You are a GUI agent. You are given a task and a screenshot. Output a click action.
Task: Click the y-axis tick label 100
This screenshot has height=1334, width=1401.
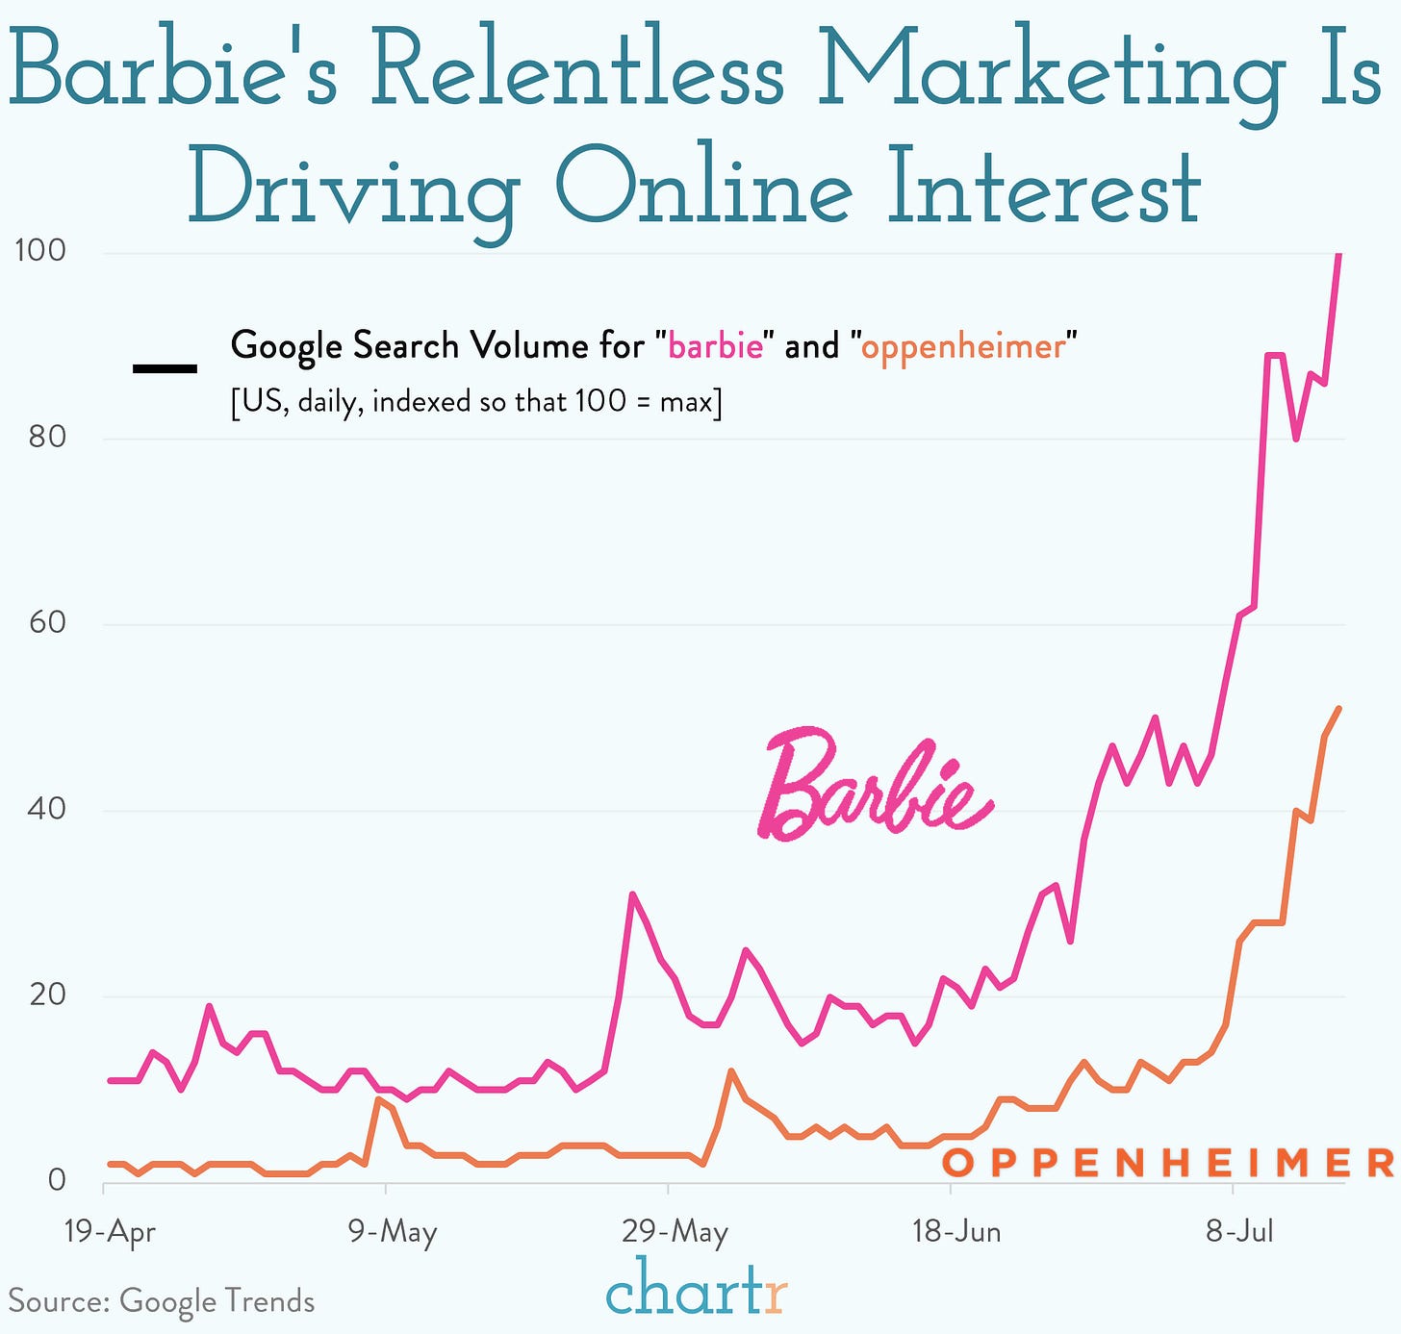39,250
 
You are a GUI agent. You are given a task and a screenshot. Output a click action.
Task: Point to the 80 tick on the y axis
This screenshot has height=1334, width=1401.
46,437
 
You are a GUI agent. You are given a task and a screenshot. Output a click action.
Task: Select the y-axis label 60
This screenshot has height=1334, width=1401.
46,622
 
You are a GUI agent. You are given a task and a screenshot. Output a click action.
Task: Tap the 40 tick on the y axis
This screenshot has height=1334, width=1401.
46,808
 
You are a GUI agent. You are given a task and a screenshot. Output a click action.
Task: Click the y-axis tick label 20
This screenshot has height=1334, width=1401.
46,994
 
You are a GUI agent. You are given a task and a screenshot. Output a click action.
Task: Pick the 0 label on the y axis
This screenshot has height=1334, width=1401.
56,1179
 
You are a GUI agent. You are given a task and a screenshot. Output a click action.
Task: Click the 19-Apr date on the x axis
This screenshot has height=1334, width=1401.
109,1232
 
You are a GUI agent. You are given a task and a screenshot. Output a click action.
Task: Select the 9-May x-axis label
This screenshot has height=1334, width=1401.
393,1232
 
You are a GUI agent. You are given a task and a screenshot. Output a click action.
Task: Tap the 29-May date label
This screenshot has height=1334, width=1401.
675,1232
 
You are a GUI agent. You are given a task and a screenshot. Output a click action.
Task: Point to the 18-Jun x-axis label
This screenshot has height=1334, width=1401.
956,1232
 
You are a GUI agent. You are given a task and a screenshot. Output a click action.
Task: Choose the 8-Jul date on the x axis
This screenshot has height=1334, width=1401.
1239,1232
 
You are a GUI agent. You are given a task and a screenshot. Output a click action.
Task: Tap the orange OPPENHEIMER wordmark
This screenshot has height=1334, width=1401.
1167,1163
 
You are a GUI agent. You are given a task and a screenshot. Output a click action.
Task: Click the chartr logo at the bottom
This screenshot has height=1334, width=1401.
696,1289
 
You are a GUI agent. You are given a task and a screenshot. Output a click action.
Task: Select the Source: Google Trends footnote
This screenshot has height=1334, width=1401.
162,1301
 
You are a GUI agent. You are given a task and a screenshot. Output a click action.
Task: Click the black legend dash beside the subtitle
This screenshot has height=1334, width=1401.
165,368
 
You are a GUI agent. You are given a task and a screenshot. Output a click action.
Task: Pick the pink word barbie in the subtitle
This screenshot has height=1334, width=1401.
715,346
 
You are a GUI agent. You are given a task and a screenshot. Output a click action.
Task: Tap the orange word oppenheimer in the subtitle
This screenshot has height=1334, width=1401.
963,346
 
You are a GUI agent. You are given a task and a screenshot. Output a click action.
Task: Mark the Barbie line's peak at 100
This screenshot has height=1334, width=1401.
1338,255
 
